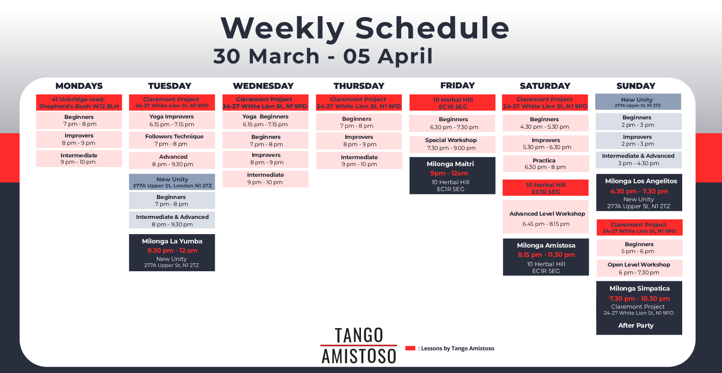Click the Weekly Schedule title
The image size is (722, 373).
tap(365, 28)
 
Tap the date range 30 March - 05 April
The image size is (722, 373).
tap(323, 56)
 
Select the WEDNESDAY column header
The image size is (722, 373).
tap(263, 86)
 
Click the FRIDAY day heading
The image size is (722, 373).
tap(457, 86)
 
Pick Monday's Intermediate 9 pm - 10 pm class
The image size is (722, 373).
tap(79, 159)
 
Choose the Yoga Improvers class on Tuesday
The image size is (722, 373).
tap(172, 121)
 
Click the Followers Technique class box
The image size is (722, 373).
tap(172, 140)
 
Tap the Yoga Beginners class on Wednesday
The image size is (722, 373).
tap(265, 121)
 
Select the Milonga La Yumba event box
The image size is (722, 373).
tap(172, 253)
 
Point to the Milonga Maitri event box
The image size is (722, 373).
tap(452, 176)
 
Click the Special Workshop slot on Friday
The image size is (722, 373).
tap(452, 144)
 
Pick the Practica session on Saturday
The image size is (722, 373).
tap(546, 164)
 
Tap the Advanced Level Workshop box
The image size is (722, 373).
tap(546, 217)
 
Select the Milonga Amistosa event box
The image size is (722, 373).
tap(546, 257)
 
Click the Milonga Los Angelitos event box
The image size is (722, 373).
tap(639, 193)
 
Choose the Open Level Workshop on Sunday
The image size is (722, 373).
tap(640, 268)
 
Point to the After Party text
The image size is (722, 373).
tap(635, 326)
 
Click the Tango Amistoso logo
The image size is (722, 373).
tap(359, 346)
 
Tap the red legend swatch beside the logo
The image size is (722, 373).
tap(410, 348)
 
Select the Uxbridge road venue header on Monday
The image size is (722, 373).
tap(79, 103)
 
